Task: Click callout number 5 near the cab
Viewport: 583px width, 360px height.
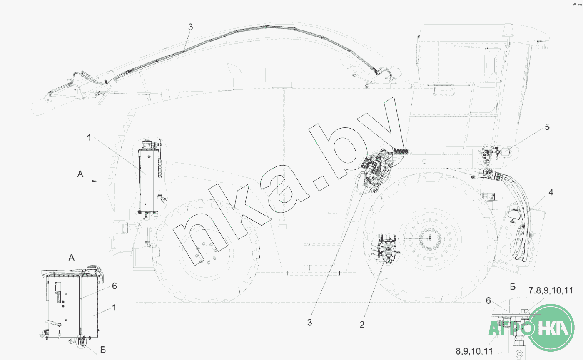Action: (x=547, y=127)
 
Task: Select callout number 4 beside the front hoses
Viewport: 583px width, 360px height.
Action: (x=551, y=192)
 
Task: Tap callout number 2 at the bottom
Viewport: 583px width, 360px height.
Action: (x=362, y=325)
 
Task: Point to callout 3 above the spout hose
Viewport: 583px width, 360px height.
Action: (x=191, y=27)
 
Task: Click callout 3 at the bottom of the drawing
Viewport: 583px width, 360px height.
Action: (x=309, y=323)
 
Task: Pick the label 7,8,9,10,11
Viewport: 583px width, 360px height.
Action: (x=551, y=290)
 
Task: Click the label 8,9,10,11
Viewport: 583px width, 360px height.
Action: (x=474, y=351)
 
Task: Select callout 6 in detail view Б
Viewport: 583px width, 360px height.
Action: (x=488, y=300)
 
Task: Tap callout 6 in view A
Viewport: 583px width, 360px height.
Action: (x=114, y=286)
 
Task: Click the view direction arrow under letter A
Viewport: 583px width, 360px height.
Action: (x=90, y=181)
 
